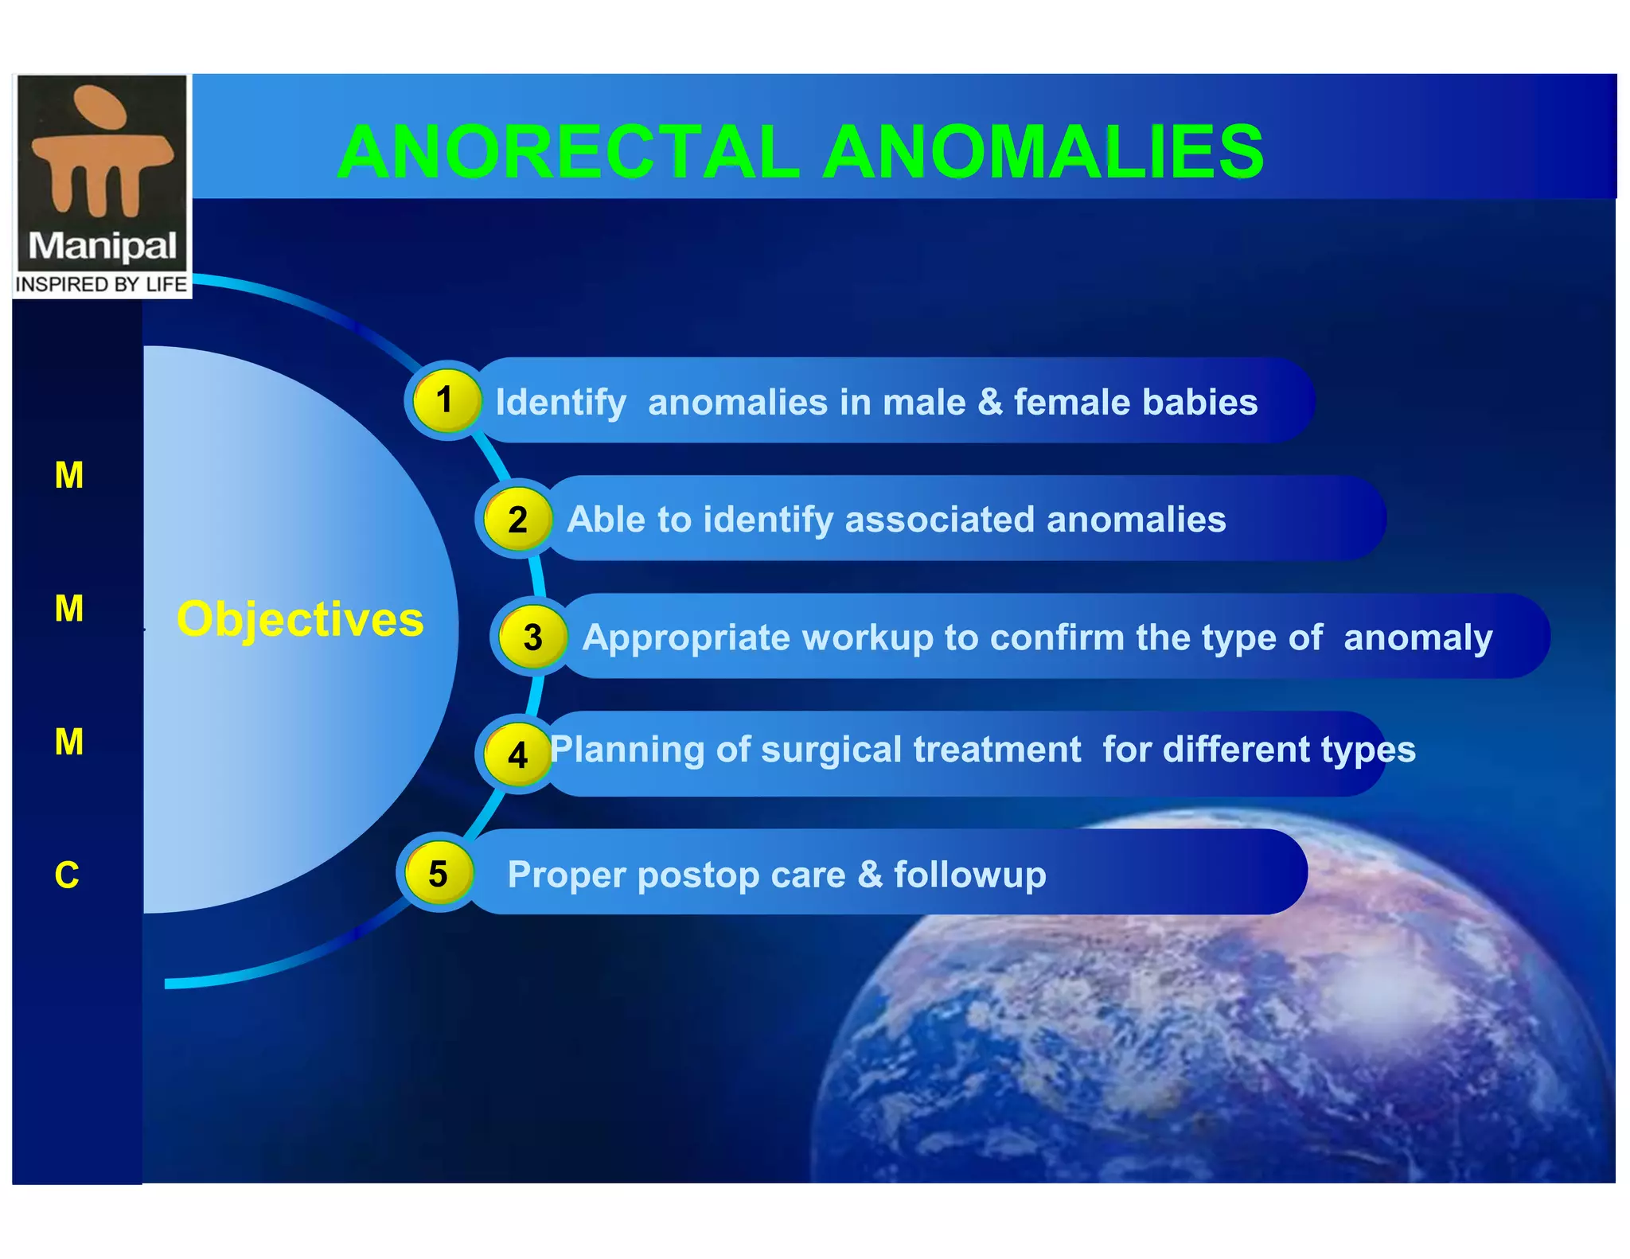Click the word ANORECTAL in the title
point(568,152)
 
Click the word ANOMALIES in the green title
point(1043,152)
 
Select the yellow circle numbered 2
point(517,520)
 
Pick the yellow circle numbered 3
point(532,637)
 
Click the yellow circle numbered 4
point(517,754)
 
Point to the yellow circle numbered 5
point(439,873)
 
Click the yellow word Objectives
point(300,619)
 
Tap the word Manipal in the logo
point(102,246)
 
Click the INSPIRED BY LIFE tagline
point(101,285)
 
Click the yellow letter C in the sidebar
point(68,875)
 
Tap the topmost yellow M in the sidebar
point(69,476)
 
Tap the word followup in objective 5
point(969,875)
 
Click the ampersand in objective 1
point(990,402)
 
